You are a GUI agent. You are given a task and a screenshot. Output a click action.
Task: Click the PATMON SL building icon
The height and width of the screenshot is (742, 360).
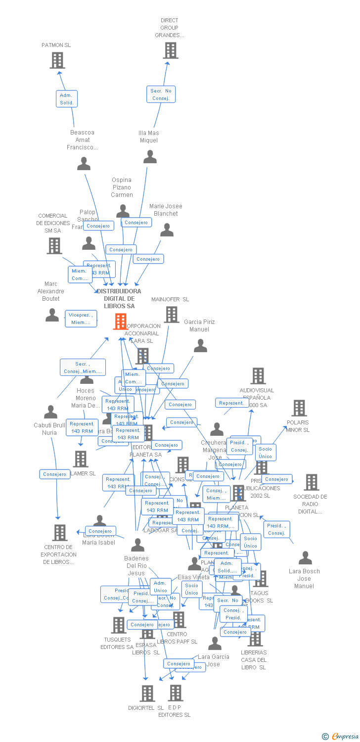57,60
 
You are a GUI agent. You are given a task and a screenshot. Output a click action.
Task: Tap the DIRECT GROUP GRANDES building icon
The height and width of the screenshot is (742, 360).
170,50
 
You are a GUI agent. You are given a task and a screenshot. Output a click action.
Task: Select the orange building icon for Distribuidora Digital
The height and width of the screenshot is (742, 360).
120,322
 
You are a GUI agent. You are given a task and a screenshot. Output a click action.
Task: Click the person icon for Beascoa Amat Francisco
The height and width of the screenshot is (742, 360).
84,164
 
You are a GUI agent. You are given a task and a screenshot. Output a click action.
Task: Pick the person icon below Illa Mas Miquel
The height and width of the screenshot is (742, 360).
150,157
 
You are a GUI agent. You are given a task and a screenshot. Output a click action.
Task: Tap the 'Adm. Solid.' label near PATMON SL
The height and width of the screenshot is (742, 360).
66,99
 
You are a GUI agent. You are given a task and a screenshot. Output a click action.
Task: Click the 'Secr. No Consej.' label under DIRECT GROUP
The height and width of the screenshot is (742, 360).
161,94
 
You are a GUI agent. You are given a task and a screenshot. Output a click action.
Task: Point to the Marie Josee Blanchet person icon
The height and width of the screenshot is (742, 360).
167,230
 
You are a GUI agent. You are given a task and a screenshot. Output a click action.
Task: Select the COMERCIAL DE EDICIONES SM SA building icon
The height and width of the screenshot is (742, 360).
54,245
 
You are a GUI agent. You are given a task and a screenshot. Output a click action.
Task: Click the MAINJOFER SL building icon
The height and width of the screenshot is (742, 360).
172,315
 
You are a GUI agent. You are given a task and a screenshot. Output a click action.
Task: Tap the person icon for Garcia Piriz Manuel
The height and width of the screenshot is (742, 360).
200,346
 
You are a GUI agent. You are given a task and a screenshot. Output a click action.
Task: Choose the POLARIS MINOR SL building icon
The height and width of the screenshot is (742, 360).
299,408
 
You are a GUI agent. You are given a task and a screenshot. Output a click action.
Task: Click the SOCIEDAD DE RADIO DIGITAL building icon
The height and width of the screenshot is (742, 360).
311,482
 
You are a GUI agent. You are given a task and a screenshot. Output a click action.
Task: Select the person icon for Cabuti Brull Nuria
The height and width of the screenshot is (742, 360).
50,412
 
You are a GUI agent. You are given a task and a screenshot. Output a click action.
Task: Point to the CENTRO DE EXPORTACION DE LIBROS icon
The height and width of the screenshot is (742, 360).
60,533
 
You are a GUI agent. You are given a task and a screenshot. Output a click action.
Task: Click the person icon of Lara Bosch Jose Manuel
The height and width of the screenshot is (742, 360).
305,558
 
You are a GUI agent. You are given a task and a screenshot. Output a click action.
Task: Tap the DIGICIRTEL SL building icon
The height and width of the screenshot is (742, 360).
147,694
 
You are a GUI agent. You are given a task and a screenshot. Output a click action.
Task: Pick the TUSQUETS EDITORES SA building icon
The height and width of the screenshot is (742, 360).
118,625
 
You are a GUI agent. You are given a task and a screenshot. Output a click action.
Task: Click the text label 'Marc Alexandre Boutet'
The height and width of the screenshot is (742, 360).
51,291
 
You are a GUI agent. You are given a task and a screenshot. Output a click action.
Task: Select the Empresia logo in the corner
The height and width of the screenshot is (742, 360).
341,737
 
